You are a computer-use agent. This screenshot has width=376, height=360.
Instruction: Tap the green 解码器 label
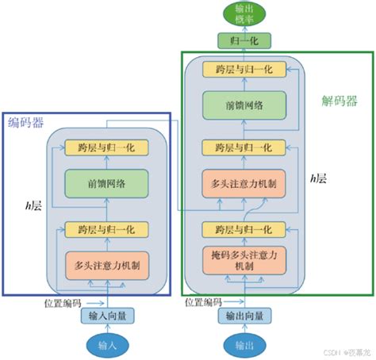[339, 101]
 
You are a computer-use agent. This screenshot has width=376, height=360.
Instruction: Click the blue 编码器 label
[26, 121]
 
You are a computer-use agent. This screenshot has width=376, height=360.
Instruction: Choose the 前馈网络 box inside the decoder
[244, 105]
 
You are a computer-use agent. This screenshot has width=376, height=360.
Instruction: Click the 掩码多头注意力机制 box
[244, 261]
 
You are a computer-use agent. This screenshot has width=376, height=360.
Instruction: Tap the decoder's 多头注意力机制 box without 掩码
[244, 185]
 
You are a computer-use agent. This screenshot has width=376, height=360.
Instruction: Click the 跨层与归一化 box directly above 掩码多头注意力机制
[244, 229]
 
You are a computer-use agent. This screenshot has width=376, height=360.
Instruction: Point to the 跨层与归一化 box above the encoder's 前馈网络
[106, 147]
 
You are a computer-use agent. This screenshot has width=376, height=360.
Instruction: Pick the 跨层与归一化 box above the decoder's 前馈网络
[244, 69]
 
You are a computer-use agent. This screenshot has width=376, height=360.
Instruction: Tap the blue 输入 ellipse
[106, 345]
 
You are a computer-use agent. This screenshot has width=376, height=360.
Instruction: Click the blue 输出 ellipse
[244, 345]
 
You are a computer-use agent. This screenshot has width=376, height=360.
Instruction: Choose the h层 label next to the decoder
[320, 179]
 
